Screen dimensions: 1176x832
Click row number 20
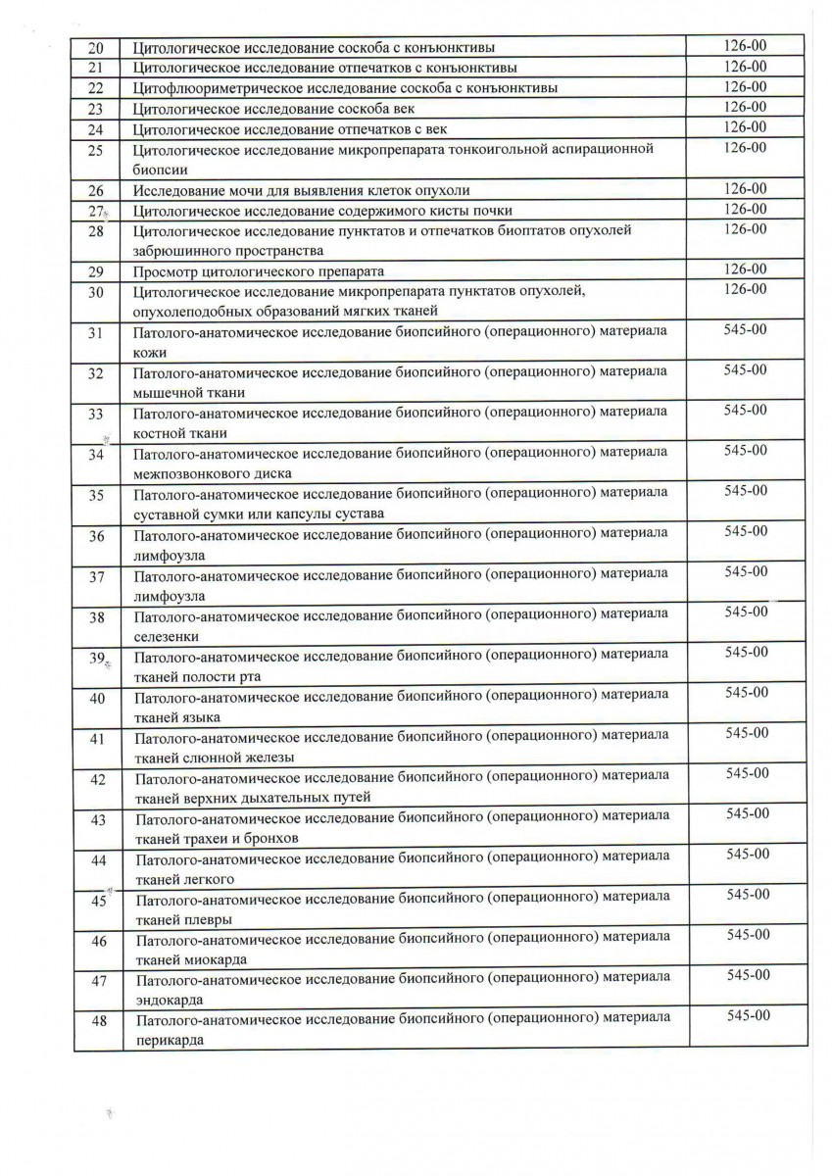(96, 46)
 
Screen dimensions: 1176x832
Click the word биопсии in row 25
(154, 169)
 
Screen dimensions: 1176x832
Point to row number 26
(96, 190)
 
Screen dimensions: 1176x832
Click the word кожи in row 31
(150, 351)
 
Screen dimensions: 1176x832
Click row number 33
(96, 414)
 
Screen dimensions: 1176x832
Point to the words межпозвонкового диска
(213, 473)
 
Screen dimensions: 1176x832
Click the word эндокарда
(168, 1000)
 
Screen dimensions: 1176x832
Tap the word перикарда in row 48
(169, 1041)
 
